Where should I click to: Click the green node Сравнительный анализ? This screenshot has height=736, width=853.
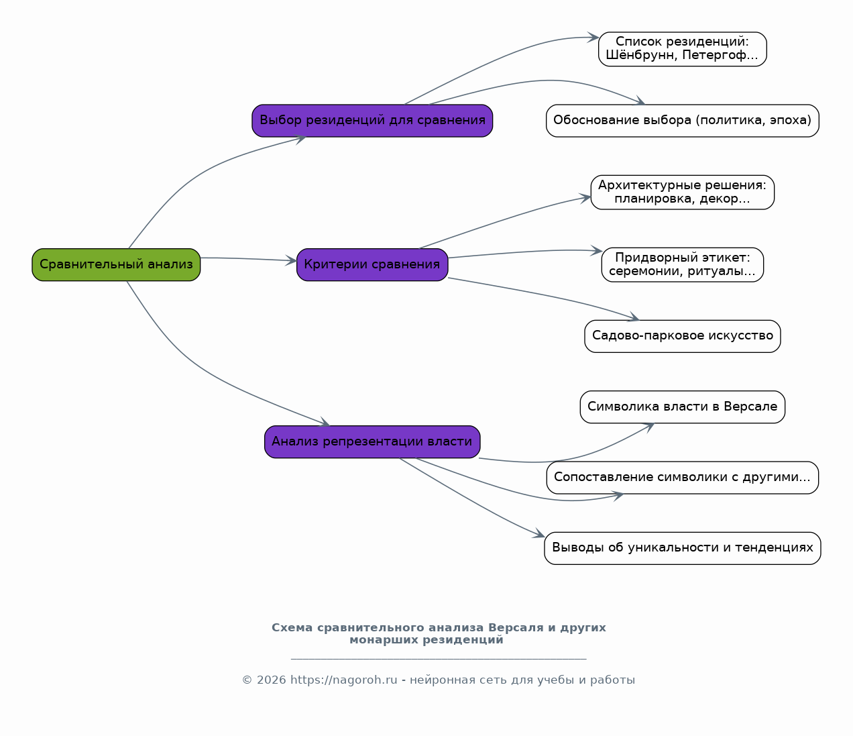(116, 264)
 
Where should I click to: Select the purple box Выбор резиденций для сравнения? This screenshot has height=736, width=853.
(372, 121)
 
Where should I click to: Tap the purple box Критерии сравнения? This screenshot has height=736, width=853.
(372, 264)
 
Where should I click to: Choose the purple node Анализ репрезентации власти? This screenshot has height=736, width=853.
(372, 441)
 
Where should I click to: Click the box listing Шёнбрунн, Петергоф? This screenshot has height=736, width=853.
(683, 49)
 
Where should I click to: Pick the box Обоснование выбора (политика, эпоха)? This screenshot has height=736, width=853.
(683, 121)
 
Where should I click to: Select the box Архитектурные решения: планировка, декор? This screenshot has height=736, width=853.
(683, 193)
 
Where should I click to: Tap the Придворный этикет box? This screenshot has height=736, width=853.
(683, 264)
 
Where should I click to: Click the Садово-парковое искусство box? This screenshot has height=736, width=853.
(683, 336)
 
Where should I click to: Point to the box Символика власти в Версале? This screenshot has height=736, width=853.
(683, 407)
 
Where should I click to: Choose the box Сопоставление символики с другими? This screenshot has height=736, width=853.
(683, 478)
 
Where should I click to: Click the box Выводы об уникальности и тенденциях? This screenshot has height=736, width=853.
(683, 548)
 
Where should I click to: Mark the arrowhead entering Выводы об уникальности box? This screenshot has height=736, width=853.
(540, 534)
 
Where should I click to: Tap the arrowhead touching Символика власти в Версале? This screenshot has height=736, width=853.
(650, 427)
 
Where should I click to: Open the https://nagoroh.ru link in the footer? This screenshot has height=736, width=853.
(344, 680)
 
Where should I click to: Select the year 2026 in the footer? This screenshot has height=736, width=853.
(271, 680)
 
